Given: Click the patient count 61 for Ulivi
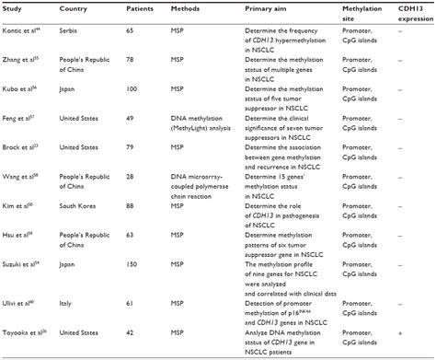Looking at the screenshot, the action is pyautogui.click(x=131, y=301).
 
